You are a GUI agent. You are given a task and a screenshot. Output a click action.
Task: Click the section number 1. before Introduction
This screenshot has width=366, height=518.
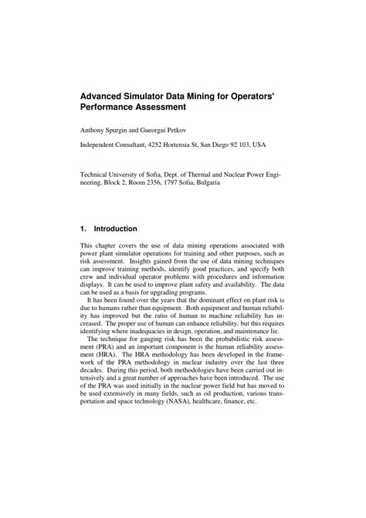click(x=84, y=229)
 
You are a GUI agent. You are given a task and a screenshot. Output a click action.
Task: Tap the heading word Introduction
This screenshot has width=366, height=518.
click(x=115, y=229)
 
